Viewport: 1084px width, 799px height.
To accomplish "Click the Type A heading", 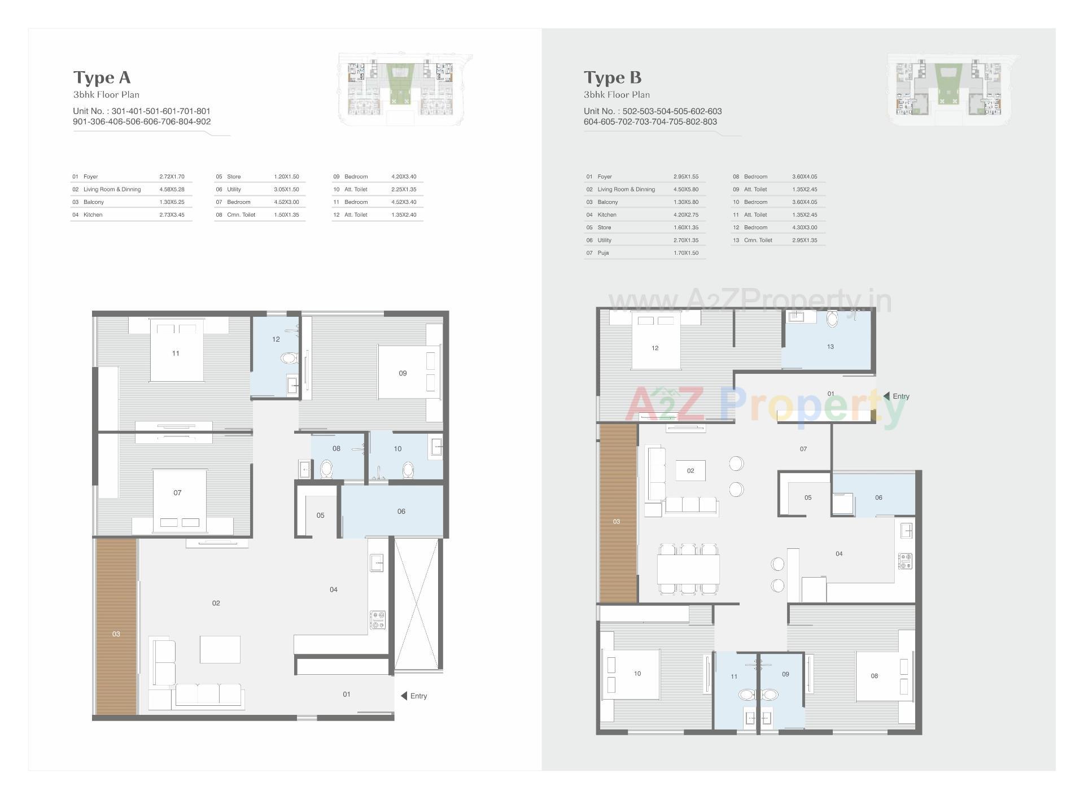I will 102,77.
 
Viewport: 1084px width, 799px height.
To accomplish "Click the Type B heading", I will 612,77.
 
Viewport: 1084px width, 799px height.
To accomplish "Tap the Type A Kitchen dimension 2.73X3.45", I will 172,215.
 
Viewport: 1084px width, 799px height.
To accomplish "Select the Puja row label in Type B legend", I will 603,253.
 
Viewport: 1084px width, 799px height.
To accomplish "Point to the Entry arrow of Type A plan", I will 404,696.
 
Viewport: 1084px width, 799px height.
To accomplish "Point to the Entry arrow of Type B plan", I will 886,396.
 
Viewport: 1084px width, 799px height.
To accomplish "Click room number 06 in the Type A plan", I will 401,512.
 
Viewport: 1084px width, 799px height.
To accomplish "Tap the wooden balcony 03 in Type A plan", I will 116,627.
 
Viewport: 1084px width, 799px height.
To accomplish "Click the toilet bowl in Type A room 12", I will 290,358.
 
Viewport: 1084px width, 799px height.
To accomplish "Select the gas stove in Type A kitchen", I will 378,620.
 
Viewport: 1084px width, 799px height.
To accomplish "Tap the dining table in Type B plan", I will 688,569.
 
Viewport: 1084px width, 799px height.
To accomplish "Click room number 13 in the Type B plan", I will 830,347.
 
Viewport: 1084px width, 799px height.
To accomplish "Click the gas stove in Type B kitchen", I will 905,561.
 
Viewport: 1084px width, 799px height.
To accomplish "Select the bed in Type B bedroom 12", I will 655,342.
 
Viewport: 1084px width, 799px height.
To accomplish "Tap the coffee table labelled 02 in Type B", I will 690,470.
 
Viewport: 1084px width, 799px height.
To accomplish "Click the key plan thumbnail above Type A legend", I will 404,89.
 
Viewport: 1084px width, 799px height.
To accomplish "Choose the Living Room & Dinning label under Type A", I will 112,189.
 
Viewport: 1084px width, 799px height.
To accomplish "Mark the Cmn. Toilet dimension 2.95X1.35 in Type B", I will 804,240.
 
